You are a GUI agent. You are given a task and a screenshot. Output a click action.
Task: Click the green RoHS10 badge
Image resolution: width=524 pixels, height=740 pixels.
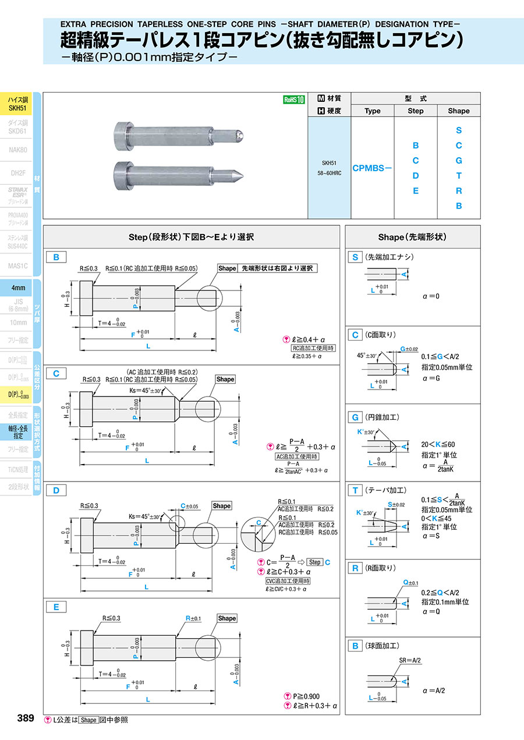[x=294, y=100]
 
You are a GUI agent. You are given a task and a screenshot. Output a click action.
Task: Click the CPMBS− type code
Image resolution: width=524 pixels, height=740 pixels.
[x=372, y=168]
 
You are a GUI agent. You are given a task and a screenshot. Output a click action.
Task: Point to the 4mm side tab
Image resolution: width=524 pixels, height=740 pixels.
[x=17, y=288]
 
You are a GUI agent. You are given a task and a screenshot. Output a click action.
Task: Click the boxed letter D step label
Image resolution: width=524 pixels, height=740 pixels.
[x=56, y=490]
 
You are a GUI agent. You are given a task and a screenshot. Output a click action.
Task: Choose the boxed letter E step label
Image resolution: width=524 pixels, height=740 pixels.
[x=56, y=607]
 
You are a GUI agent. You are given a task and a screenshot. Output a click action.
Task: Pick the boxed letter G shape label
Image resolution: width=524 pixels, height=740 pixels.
[x=355, y=417]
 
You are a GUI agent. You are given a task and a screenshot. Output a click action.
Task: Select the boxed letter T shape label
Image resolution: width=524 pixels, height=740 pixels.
[x=355, y=491]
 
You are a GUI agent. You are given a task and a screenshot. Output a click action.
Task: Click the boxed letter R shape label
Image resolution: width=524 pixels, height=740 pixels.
[x=355, y=568]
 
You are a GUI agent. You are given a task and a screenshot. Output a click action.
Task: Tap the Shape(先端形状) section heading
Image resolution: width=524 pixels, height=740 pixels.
[x=413, y=237]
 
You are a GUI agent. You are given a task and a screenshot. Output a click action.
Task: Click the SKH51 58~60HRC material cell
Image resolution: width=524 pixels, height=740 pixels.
[x=330, y=168]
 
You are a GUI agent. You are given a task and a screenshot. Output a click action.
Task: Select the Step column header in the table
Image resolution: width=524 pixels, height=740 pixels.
[x=416, y=111]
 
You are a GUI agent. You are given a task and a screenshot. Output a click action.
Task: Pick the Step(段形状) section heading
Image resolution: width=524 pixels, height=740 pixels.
[x=191, y=237]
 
